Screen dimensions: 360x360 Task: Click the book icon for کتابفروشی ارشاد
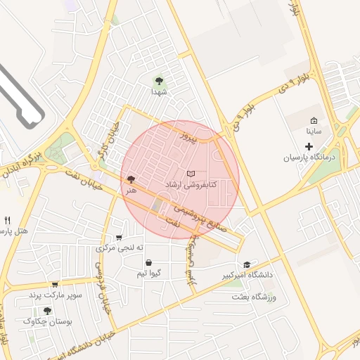pos(191,173)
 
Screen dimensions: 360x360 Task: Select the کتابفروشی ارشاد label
pos(191,184)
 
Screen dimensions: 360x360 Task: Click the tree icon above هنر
pos(131,180)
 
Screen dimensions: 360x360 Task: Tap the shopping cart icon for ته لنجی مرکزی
pos(119,238)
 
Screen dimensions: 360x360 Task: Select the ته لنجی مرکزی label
pos(120,248)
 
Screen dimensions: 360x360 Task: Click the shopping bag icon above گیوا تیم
pos(148,263)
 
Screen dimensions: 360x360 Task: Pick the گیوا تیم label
pos(150,273)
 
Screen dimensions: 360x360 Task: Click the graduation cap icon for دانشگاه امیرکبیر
pos(245,264)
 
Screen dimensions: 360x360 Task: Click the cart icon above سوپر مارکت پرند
pos(53,284)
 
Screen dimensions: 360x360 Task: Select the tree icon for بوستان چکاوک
pos(47,311)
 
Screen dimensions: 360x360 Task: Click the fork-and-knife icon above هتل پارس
pos(7,220)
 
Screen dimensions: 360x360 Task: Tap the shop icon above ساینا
pos(314,120)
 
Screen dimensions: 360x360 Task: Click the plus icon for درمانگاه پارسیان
pos(309,146)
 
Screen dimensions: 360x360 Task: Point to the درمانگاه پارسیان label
pos(310,158)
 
